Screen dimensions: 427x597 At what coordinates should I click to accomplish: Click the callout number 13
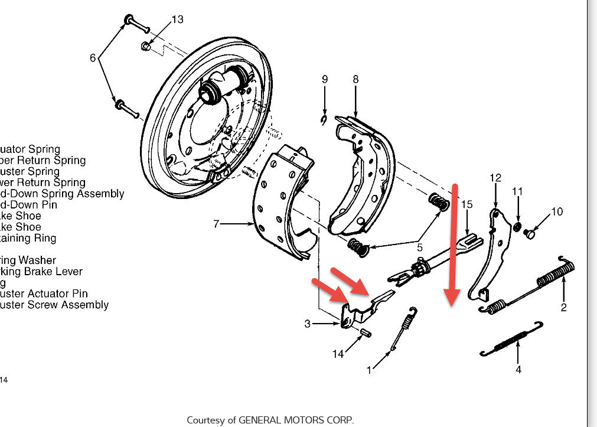coord(178,19)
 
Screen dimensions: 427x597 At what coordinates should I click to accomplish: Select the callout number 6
coord(93,58)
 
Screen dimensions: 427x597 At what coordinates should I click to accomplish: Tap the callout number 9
coord(324,79)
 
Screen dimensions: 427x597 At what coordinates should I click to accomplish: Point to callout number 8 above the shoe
coord(355,79)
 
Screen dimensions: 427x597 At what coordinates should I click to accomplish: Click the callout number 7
coord(216,224)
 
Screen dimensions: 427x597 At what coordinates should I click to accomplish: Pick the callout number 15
coord(467,204)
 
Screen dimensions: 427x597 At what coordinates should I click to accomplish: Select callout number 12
coord(495,177)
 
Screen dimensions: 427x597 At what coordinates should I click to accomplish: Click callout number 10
coord(557,211)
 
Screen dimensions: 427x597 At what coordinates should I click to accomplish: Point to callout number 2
coord(563,307)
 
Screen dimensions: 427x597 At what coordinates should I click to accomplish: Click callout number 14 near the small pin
coord(338,354)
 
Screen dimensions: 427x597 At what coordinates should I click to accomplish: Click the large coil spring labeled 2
coord(555,274)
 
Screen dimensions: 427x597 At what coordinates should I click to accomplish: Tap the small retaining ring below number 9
coord(324,121)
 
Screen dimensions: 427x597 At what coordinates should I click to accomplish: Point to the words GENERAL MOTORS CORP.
coord(296,420)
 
